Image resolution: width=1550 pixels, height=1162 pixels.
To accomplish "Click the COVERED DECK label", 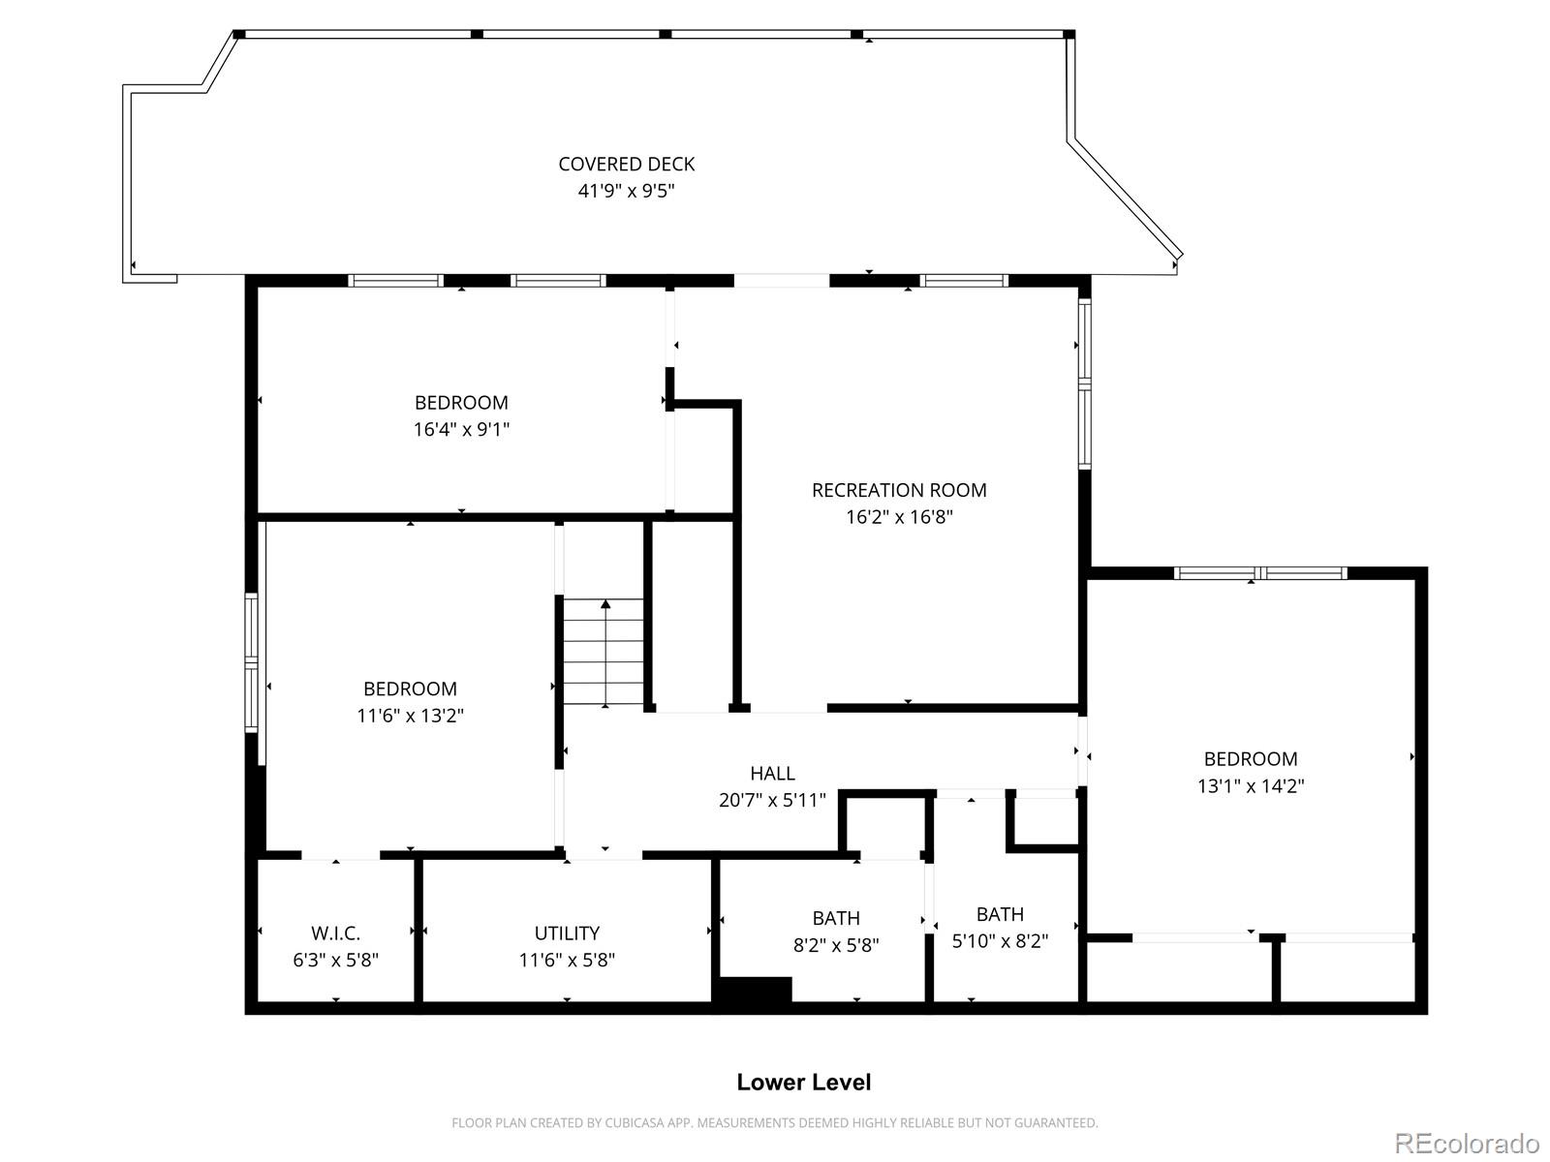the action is [x=627, y=165].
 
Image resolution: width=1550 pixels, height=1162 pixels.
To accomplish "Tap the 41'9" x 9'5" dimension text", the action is [x=627, y=191].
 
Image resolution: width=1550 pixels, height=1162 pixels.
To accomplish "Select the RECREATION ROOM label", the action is [x=899, y=490].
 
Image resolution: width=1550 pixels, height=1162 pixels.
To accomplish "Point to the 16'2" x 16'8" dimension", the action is [x=899, y=517].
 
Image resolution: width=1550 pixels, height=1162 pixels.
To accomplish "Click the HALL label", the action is [x=772, y=774].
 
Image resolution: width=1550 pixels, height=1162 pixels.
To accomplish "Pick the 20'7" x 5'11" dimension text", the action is [x=772, y=800].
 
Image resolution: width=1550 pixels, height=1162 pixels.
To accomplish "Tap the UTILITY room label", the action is [x=567, y=933].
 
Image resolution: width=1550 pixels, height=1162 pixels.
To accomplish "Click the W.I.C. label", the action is [x=336, y=933].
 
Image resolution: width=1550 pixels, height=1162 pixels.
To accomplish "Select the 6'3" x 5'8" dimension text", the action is [x=336, y=961].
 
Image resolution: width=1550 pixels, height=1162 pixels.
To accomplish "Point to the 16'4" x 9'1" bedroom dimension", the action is [x=461, y=430].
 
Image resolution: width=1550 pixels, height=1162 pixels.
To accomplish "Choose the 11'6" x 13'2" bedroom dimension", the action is [x=411, y=716].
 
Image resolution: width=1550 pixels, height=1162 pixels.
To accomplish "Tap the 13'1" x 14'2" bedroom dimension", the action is [x=1251, y=786].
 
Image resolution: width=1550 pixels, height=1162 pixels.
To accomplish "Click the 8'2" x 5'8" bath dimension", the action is [x=836, y=945].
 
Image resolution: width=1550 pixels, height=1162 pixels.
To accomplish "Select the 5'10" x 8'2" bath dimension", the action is [x=1000, y=941].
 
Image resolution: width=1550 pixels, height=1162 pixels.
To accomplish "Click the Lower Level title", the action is [x=804, y=1083].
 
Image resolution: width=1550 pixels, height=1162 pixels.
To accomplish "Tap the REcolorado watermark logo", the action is [x=1468, y=1143].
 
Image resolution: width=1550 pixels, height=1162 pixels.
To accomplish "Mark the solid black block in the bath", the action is [x=753, y=989].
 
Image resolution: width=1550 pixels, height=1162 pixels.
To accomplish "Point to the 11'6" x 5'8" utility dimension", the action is [x=567, y=961].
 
